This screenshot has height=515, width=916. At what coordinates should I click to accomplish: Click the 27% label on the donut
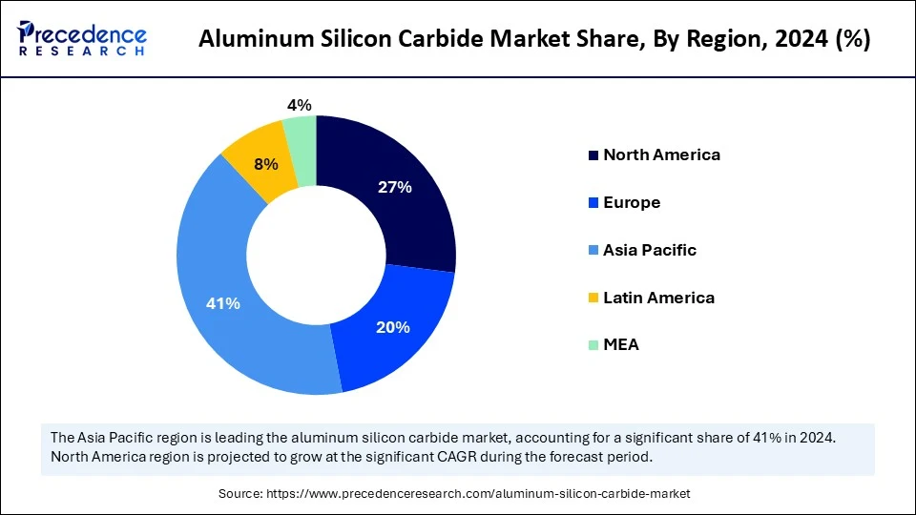pyautogui.click(x=393, y=188)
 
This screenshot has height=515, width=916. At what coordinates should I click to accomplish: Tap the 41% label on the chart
pyautogui.click(x=223, y=303)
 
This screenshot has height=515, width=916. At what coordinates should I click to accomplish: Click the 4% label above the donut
pyautogui.click(x=300, y=106)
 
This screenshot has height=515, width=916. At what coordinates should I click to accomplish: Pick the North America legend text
pyautogui.click(x=661, y=154)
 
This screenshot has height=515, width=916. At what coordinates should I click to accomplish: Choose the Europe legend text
pyautogui.click(x=632, y=202)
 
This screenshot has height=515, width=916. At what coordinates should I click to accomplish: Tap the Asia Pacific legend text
pyautogui.click(x=650, y=250)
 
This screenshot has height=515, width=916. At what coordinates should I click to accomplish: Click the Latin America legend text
pyautogui.click(x=658, y=298)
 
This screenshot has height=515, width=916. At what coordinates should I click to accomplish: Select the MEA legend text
pyautogui.click(x=621, y=345)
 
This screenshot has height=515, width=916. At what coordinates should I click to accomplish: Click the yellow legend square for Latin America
pyautogui.click(x=593, y=299)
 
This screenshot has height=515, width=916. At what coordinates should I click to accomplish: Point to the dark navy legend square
pyautogui.click(x=593, y=155)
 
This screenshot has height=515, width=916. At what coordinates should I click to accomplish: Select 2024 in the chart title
pyautogui.click(x=799, y=42)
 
